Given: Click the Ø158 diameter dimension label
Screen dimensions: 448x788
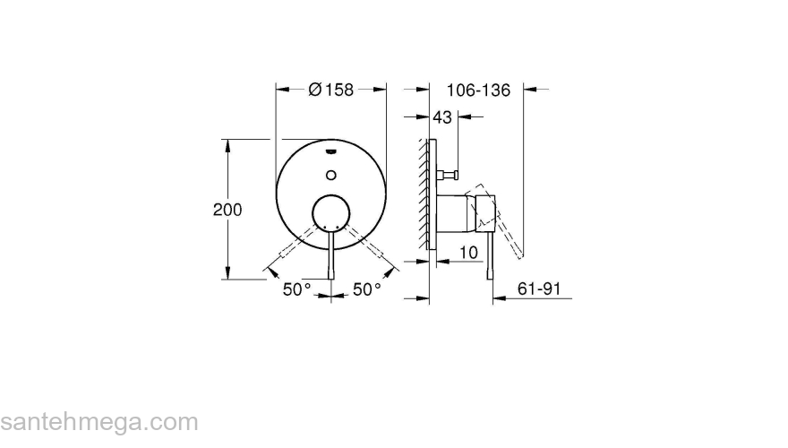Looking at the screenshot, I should tap(331, 90).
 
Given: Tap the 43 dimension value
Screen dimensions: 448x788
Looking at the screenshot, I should tap(442, 116).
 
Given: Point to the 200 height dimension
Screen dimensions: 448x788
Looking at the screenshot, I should tap(227, 209).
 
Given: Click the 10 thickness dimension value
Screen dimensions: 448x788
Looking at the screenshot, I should tap(467, 254).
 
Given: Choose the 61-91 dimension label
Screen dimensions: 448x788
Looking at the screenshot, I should tap(539, 289).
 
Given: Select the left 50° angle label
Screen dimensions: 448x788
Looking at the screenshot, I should tap(298, 289).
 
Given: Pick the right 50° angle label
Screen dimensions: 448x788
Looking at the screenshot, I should tap(366, 289).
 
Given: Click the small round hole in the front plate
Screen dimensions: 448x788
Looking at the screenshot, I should tap(331, 174).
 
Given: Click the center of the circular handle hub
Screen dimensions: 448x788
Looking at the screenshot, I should tap(331, 216).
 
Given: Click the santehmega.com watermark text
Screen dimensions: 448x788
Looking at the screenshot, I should tap(98, 421).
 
